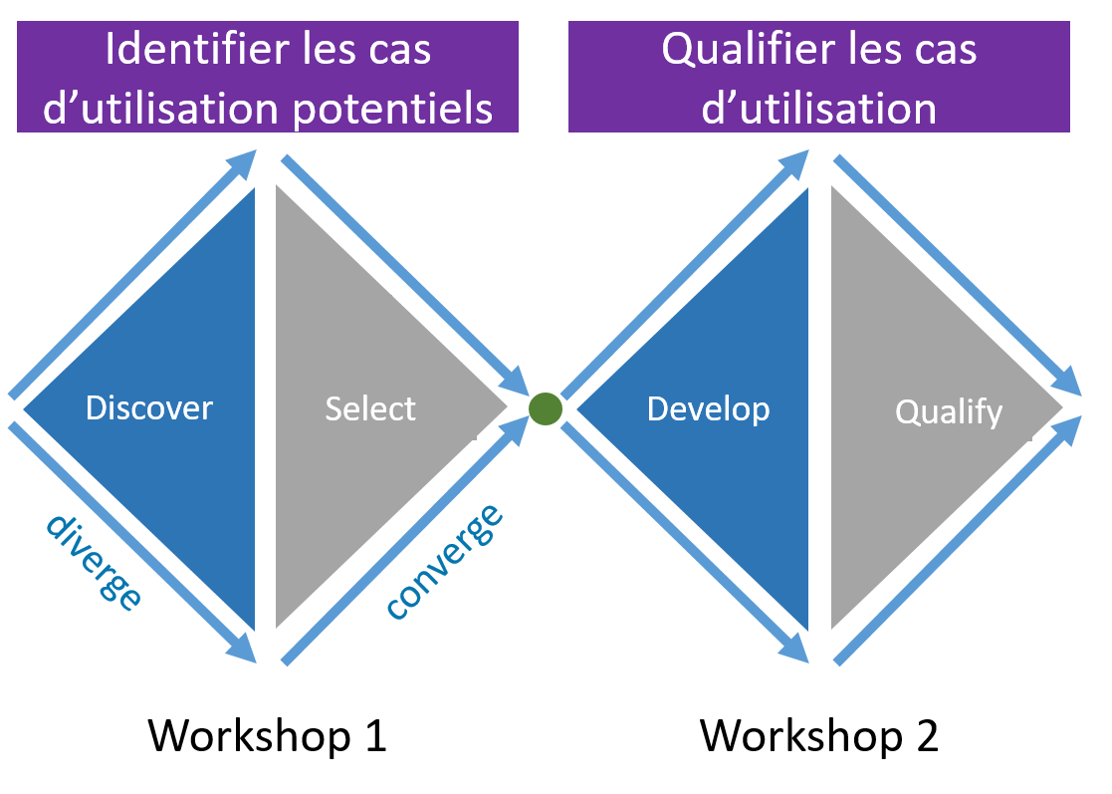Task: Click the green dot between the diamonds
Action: (546, 409)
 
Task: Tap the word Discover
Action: (149, 408)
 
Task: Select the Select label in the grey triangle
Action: (370, 408)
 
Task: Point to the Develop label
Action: (708, 408)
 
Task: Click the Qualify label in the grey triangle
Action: (949, 412)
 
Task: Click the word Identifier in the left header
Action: (190, 51)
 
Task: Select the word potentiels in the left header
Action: (393, 109)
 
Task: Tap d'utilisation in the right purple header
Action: (818, 109)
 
